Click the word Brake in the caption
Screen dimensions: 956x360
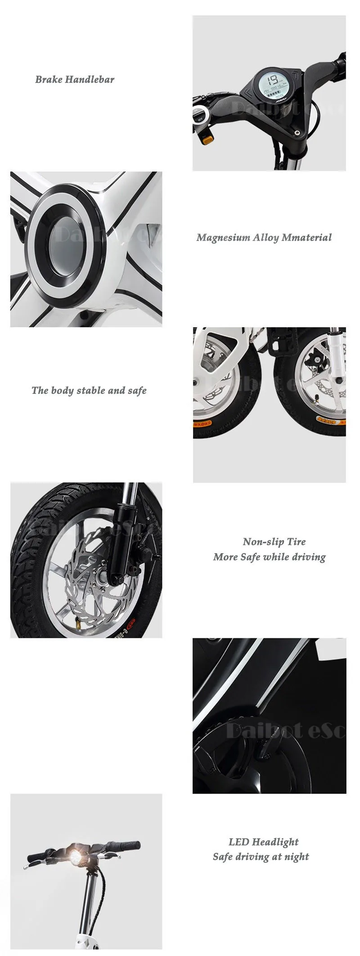point(49,80)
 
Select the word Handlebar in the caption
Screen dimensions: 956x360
point(90,80)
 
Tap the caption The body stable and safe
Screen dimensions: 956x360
point(89,390)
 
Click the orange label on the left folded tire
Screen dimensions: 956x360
point(202,423)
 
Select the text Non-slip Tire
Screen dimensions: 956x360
point(274,541)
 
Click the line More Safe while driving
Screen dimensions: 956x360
point(269,557)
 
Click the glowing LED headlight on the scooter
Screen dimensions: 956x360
point(74,852)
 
